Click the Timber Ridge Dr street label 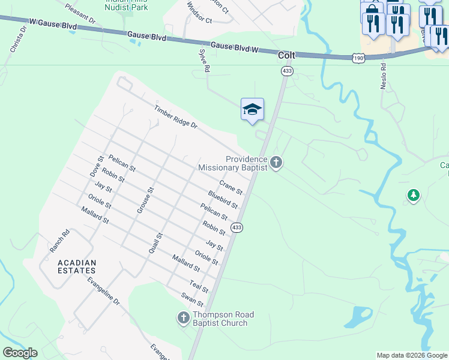point(175,117)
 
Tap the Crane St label point(231,187)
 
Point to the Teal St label point(199,286)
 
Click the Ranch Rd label point(60,240)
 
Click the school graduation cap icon point(253,109)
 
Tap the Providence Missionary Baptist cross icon point(276,163)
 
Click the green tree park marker point(413,195)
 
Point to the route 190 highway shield point(358,58)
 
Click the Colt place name point(287,55)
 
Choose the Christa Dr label point(17,39)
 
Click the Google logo point(20,353)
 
